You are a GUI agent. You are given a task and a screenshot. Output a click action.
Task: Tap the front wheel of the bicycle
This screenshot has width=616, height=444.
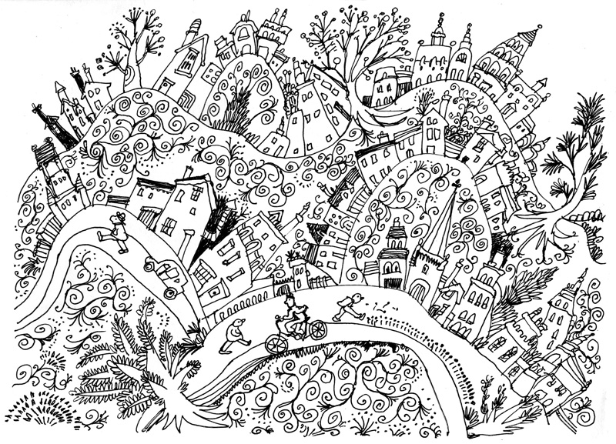(x=316, y=330)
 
